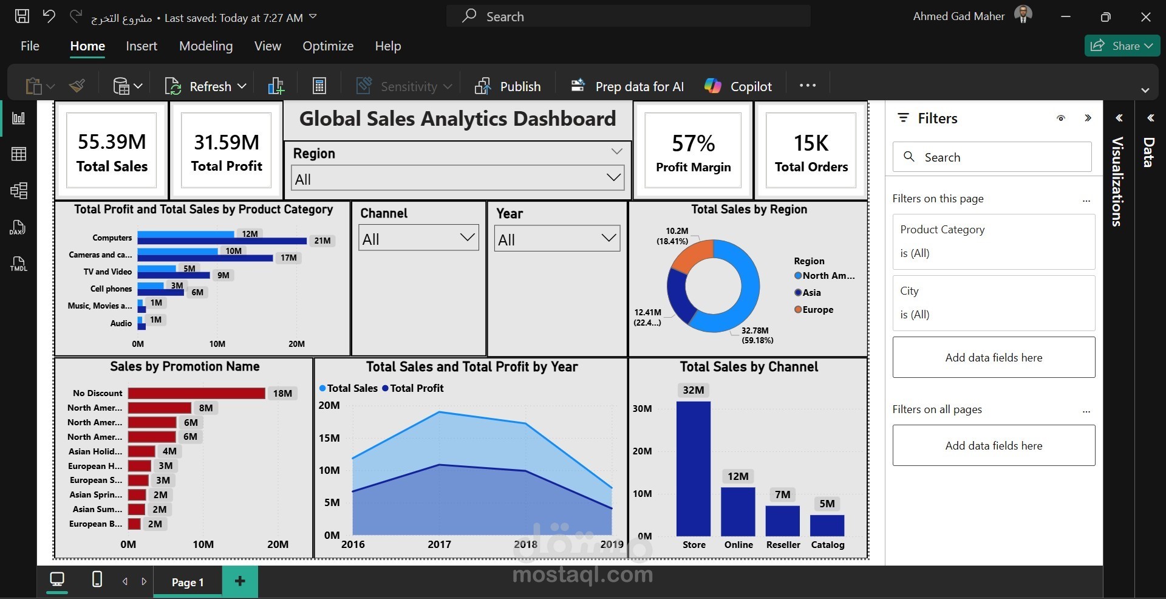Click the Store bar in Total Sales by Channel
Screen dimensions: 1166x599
694,468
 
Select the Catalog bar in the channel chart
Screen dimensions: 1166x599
827,525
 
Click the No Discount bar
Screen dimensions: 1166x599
197,393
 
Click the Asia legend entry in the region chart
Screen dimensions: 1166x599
808,292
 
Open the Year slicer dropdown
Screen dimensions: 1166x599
557,239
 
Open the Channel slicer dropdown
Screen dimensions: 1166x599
418,238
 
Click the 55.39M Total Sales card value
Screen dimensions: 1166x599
112,142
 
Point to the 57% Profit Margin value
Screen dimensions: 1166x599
693,143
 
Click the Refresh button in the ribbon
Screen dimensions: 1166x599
205,86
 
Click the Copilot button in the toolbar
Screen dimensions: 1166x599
738,86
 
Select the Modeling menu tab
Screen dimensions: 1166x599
206,46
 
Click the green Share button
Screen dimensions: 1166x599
1122,46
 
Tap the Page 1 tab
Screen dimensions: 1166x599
188,582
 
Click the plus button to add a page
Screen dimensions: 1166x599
240,581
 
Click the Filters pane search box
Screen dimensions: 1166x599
992,157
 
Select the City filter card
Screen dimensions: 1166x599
994,303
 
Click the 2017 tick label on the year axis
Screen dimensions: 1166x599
439,544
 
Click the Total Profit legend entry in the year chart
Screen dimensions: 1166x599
413,388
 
